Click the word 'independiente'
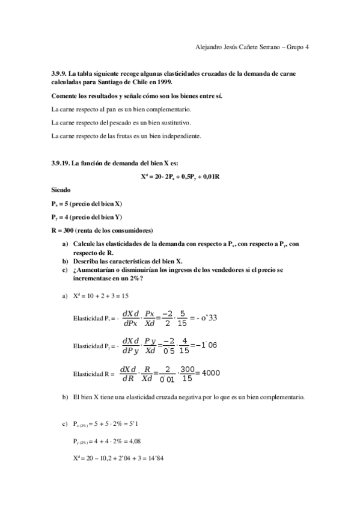click(180, 136)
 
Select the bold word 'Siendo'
click(62, 189)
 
